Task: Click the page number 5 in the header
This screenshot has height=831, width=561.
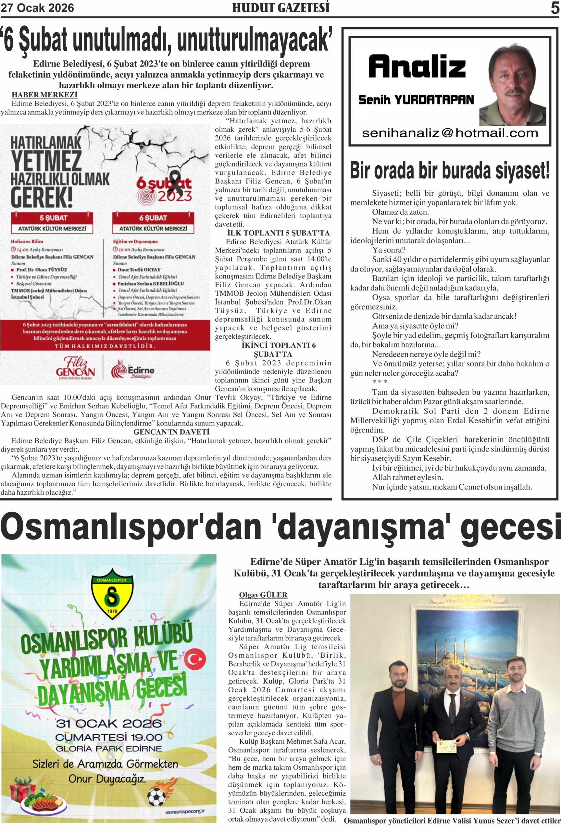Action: coord(555,8)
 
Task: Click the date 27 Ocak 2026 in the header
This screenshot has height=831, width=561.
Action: coord(37,8)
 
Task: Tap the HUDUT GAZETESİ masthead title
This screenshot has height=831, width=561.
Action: coord(281,8)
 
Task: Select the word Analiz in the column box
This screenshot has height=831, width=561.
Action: coord(417,67)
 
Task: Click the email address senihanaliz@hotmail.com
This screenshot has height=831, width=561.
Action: coord(450,133)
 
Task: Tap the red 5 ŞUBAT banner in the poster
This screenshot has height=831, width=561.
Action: coord(53,218)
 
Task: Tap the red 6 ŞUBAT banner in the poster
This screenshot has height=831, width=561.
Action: coord(153,218)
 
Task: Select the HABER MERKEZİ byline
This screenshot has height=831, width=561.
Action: coord(44,95)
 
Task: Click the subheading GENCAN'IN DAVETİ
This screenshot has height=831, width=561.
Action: coord(171,432)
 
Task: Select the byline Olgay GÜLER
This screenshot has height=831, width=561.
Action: coord(263,595)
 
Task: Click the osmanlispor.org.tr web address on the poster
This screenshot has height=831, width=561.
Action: coord(185,812)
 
